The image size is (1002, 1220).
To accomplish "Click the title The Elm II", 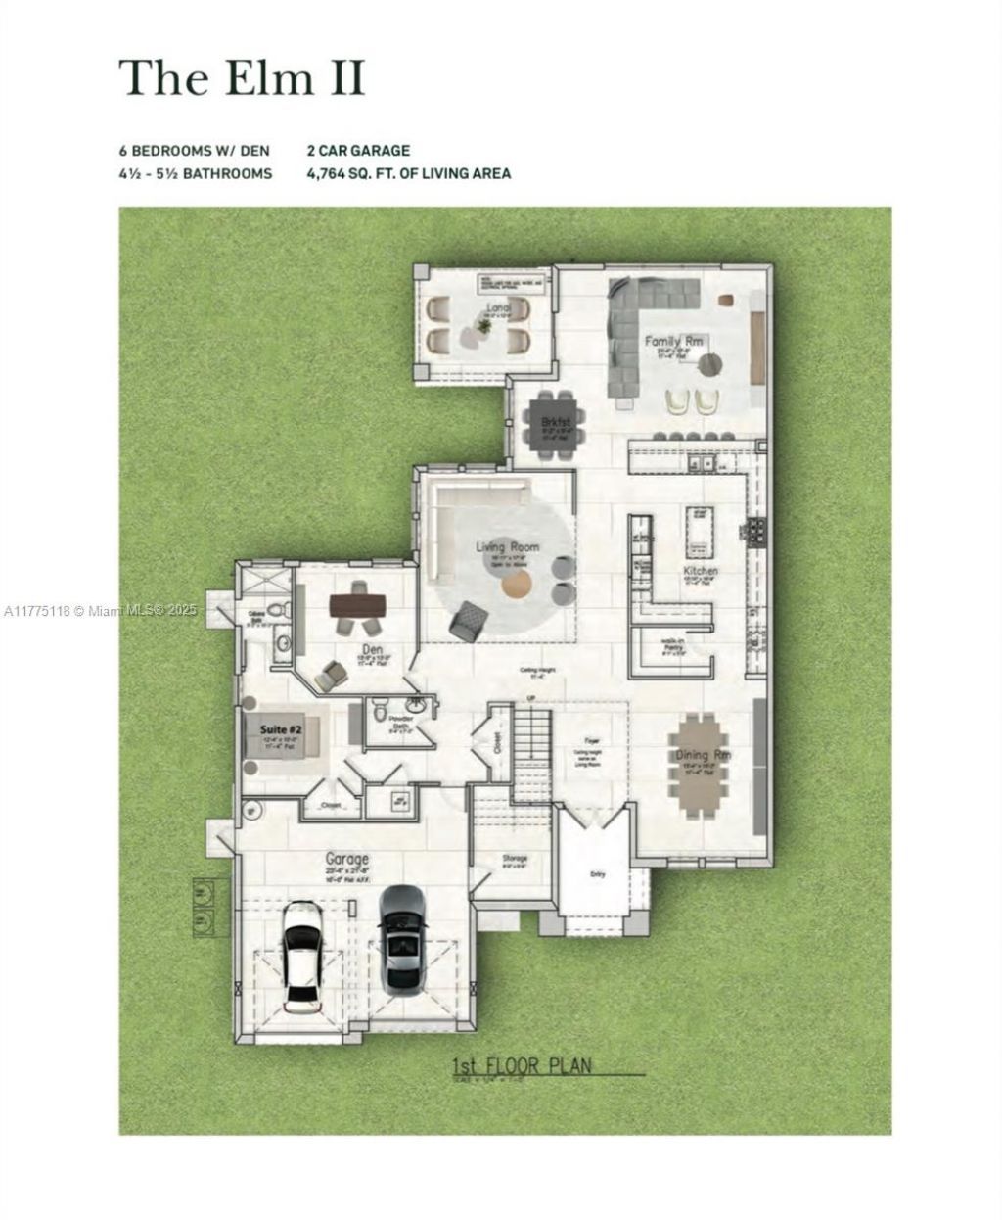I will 242,77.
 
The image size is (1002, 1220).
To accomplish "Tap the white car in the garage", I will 302,958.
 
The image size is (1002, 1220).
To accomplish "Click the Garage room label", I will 347,860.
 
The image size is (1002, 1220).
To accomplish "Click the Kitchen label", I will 701,570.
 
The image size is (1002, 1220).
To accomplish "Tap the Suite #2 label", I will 281,729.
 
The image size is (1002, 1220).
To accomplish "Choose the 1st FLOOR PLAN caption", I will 522,1065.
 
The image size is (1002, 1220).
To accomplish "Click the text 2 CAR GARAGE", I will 357,151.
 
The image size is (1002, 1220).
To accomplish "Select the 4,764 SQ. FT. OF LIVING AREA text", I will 408,173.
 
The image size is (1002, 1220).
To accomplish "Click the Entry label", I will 596,875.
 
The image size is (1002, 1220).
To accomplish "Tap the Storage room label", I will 515,859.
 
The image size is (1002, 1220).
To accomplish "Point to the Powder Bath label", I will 401,721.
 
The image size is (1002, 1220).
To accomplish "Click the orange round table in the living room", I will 517,585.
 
